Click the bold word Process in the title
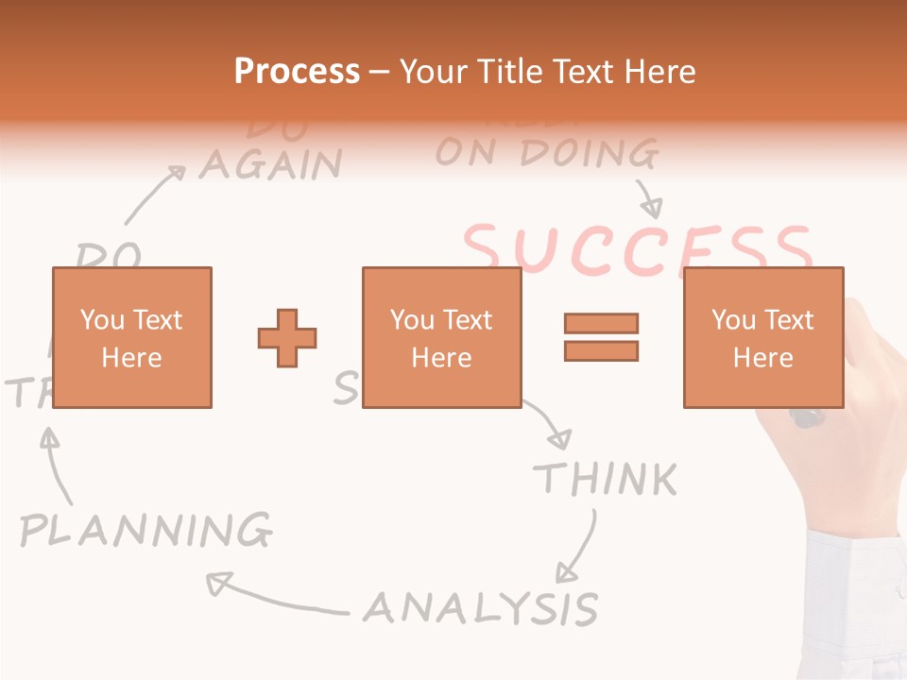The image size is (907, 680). click(x=297, y=72)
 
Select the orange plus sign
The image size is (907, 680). click(x=287, y=337)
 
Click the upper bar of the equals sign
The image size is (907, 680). click(x=601, y=323)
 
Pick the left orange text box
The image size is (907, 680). click(x=131, y=337)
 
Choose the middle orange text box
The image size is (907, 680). click(x=441, y=337)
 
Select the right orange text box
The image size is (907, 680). click(x=762, y=337)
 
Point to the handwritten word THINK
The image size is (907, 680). click(x=606, y=479)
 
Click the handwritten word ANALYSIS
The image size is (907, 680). click(x=481, y=607)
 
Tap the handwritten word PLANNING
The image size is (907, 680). click(x=146, y=530)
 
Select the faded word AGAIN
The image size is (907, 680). click(x=270, y=165)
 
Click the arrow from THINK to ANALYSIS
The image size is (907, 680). click(x=578, y=548)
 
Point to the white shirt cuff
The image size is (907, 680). click(x=855, y=604)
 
